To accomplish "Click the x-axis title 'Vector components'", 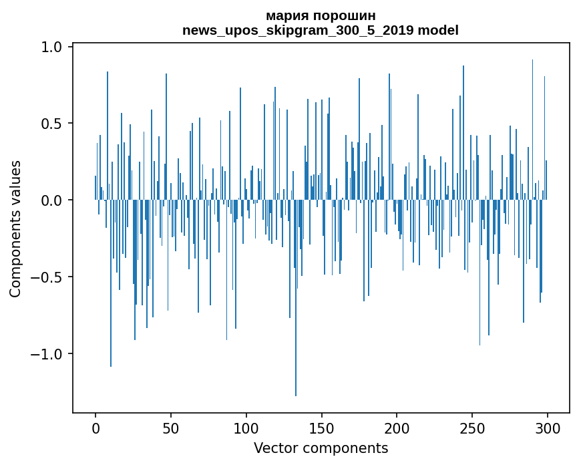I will click(x=321, y=448).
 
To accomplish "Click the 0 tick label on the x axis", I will click(x=95, y=428).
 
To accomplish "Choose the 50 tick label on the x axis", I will click(x=171, y=428).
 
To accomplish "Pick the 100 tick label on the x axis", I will click(x=246, y=428).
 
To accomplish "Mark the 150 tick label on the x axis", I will click(x=321, y=428).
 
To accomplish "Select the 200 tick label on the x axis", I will click(x=397, y=428).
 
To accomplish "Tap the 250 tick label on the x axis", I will click(x=472, y=428).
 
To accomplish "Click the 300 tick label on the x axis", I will click(x=548, y=428).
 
